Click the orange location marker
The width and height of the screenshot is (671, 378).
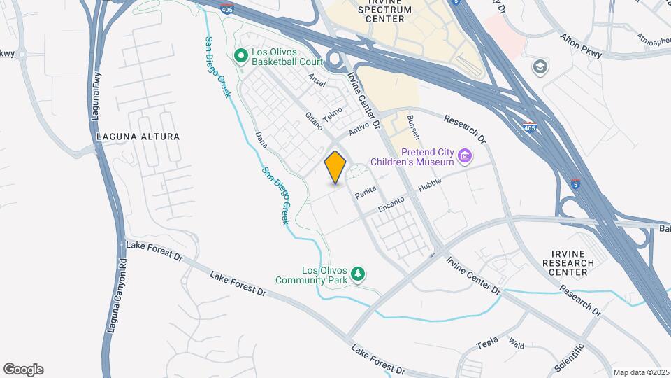(x=335, y=167)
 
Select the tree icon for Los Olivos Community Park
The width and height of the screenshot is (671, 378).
(x=359, y=274)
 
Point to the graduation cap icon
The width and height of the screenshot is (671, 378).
(x=540, y=67)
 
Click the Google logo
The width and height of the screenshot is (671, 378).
(x=23, y=370)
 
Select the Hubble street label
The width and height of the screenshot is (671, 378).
(x=431, y=184)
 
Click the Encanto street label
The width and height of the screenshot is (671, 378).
(x=391, y=202)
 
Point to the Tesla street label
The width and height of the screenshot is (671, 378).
(x=487, y=342)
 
